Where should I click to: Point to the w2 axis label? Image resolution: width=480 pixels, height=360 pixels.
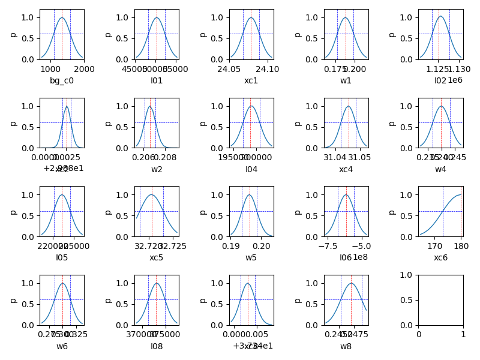157,169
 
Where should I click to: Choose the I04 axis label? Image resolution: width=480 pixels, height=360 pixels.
251,169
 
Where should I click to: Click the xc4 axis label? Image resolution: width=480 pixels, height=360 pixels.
346,169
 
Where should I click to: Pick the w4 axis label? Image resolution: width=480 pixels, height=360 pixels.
440,169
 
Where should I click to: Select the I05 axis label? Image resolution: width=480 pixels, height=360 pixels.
62,258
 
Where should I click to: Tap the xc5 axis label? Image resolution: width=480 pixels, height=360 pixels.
157,258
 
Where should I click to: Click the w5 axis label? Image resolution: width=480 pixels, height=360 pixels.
251,258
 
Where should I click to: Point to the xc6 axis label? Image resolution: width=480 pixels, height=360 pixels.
440,258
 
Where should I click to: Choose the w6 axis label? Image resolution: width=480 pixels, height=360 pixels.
62,346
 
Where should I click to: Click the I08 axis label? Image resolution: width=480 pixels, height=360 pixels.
157,346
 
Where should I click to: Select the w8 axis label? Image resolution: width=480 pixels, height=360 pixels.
346,346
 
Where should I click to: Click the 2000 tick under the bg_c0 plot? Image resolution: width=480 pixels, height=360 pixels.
83,69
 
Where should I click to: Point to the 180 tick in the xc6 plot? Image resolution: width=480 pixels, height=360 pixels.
461,246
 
